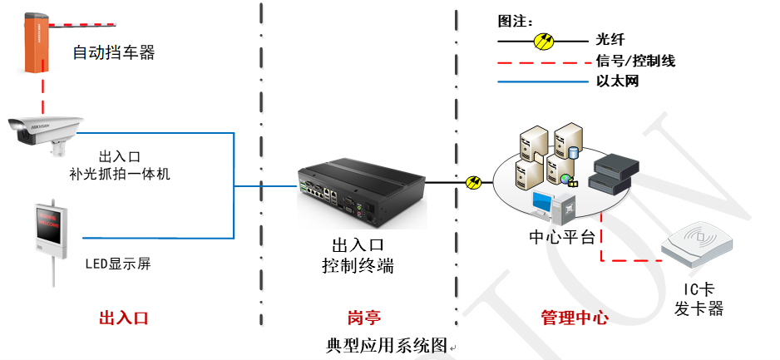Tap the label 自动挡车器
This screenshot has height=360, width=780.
click(114, 53)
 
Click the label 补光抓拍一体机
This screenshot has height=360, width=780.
click(120, 174)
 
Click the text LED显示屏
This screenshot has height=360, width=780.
click(118, 264)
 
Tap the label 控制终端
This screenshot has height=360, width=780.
click(358, 266)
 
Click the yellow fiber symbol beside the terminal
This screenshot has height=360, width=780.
click(474, 181)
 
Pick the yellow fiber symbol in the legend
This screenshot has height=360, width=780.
click(545, 39)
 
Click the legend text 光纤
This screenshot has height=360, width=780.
click(610, 39)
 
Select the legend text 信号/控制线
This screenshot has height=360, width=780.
click(635, 60)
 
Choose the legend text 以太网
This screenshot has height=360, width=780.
click(617, 81)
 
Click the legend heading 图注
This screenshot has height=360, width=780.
click(515, 21)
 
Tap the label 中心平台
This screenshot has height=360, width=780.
click(562, 237)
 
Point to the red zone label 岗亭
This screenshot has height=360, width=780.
click(363, 318)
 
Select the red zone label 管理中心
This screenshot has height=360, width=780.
click(575, 318)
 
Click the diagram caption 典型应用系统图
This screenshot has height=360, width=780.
click(388, 345)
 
